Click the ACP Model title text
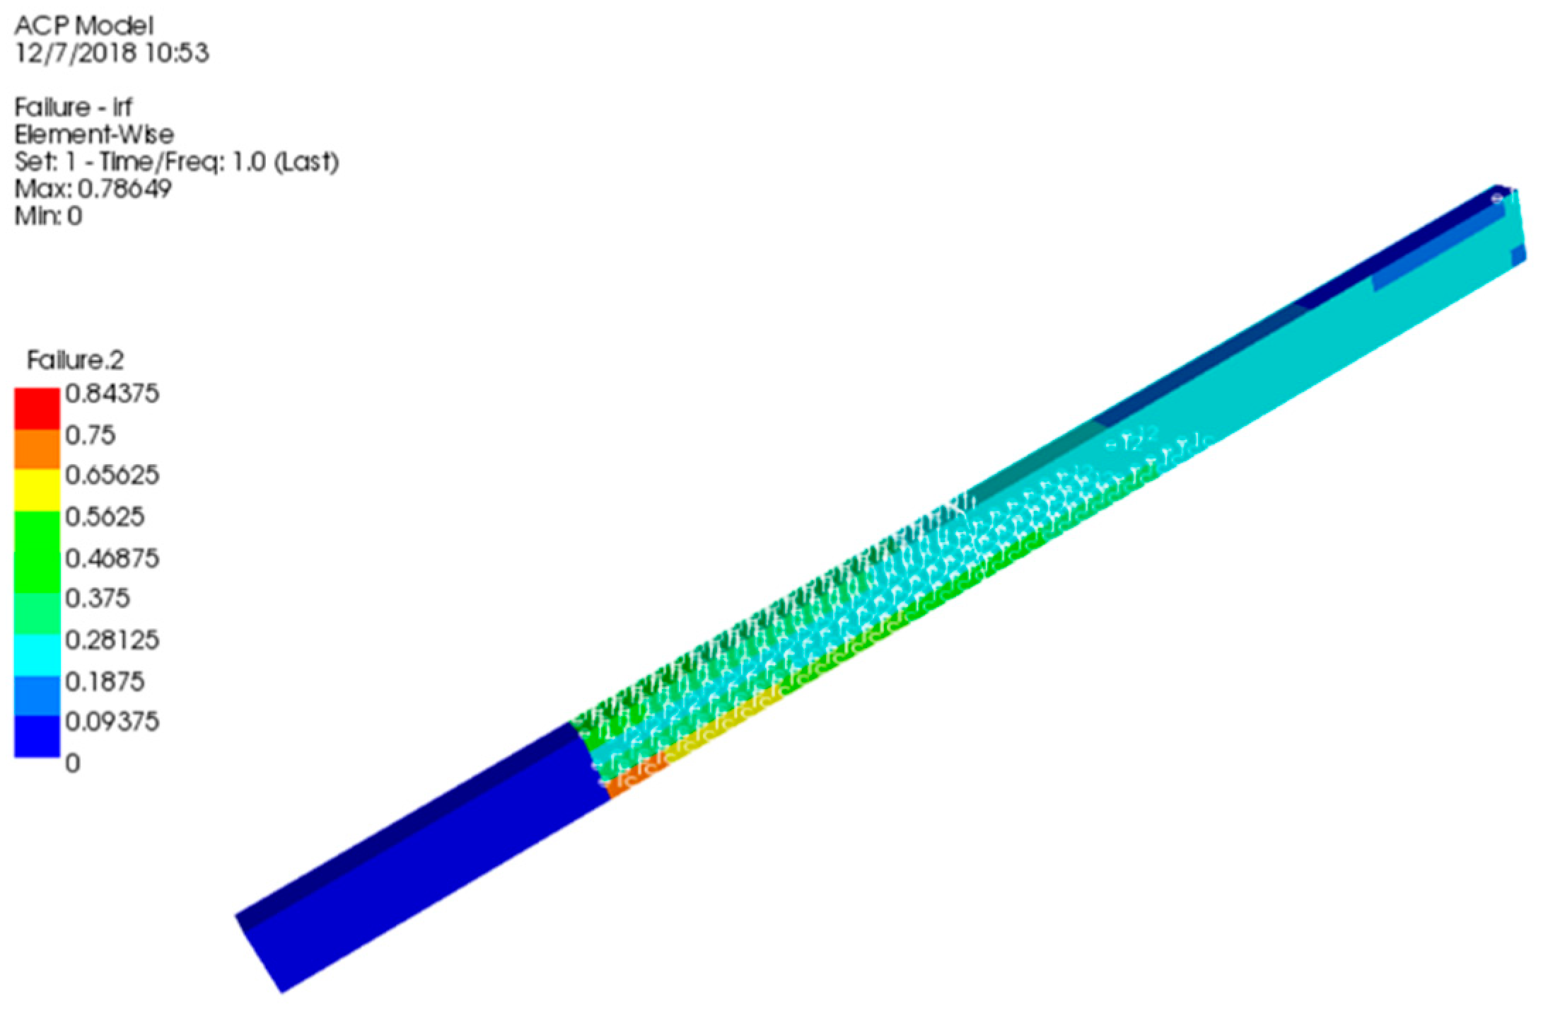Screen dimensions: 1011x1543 click(x=83, y=26)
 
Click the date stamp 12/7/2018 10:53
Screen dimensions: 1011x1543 click(x=112, y=53)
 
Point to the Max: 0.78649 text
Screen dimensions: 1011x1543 click(x=93, y=188)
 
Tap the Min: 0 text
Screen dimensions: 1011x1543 click(x=48, y=215)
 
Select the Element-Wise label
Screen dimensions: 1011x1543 click(x=94, y=134)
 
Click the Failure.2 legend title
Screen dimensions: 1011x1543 click(x=75, y=360)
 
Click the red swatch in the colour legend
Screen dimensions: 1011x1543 click(x=37, y=409)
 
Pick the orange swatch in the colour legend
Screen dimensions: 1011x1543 click(x=37, y=449)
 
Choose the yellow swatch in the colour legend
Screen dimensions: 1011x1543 click(x=37, y=489)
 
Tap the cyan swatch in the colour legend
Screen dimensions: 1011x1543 click(x=37, y=654)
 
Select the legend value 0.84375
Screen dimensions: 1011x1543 click(x=112, y=393)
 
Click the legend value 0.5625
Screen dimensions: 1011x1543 click(x=105, y=516)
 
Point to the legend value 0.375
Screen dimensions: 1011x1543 click(x=98, y=599)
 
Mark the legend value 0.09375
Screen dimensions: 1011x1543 click(x=112, y=722)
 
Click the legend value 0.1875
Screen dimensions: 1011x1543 click(x=105, y=681)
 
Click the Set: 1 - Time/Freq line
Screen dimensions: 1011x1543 click(x=176, y=161)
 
